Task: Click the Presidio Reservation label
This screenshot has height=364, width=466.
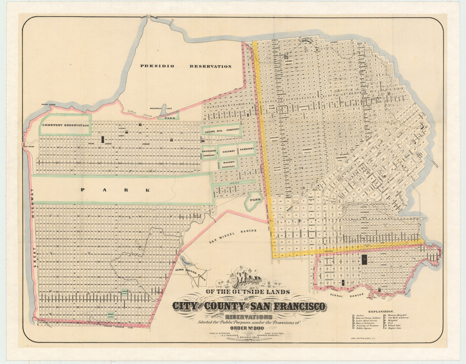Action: point(186,66)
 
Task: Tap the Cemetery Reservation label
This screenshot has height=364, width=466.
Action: point(65,126)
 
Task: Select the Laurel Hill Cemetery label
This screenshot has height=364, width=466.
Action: point(221,130)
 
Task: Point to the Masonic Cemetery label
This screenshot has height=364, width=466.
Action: point(228,163)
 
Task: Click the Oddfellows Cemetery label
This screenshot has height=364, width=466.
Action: point(209,154)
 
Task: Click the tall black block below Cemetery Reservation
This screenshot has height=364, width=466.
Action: point(102,139)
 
